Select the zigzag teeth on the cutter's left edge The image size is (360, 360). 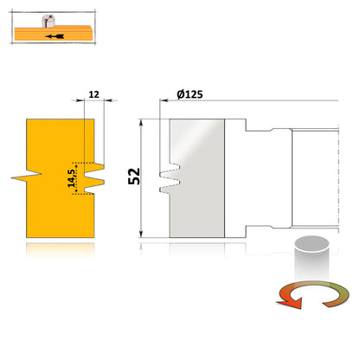coord(170,177)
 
